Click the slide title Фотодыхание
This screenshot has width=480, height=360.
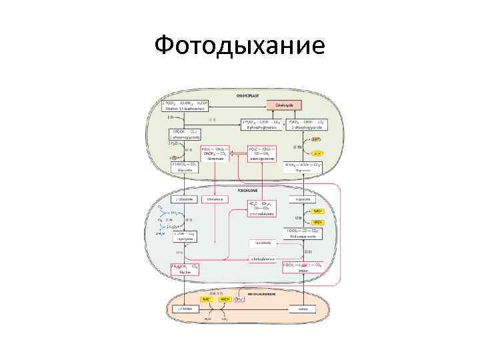pyautogui.click(x=239, y=45)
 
